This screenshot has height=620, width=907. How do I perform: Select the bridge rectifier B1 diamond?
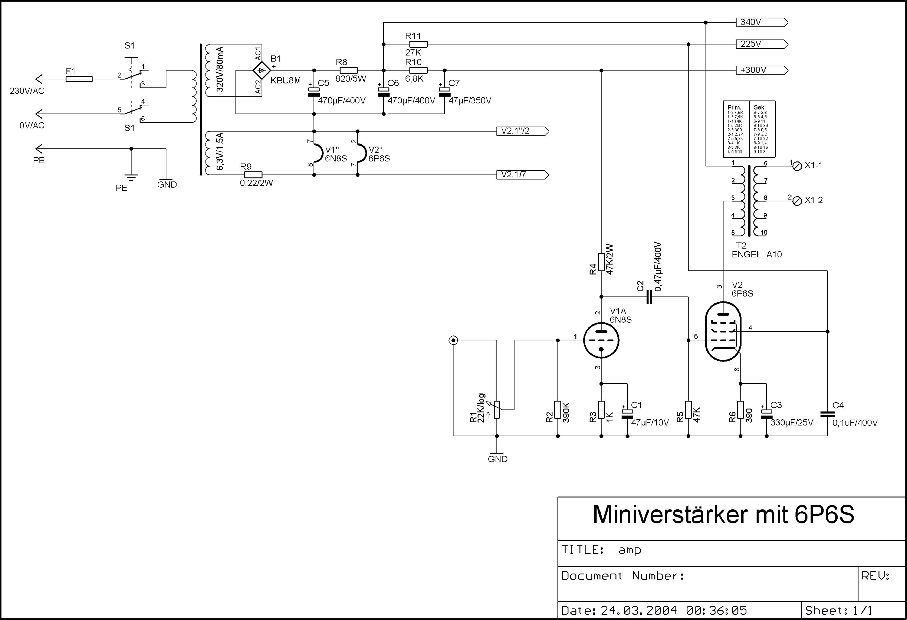click(261, 71)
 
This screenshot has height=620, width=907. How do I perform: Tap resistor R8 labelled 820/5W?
click(348, 71)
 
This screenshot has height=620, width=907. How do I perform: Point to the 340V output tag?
click(761, 22)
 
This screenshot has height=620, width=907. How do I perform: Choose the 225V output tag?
click(761, 44)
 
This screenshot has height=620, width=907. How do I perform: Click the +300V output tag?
click(761, 70)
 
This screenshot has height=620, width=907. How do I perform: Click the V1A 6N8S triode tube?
click(601, 340)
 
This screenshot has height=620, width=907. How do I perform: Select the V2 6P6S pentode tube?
click(723, 332)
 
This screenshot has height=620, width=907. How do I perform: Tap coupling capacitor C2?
click(649, 297)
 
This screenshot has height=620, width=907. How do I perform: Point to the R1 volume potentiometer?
click(497, 410)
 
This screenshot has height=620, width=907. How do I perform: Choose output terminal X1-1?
click(798, 166)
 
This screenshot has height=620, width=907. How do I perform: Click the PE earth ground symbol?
click(131, 177)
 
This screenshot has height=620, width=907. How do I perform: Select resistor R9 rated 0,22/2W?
click(253, 175)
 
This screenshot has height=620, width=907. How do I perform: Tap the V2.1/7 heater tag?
click(522, 175)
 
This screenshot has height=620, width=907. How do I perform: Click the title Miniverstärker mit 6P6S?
click(723, 515)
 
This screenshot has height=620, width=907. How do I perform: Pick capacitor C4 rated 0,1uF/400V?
click(828, 414)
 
